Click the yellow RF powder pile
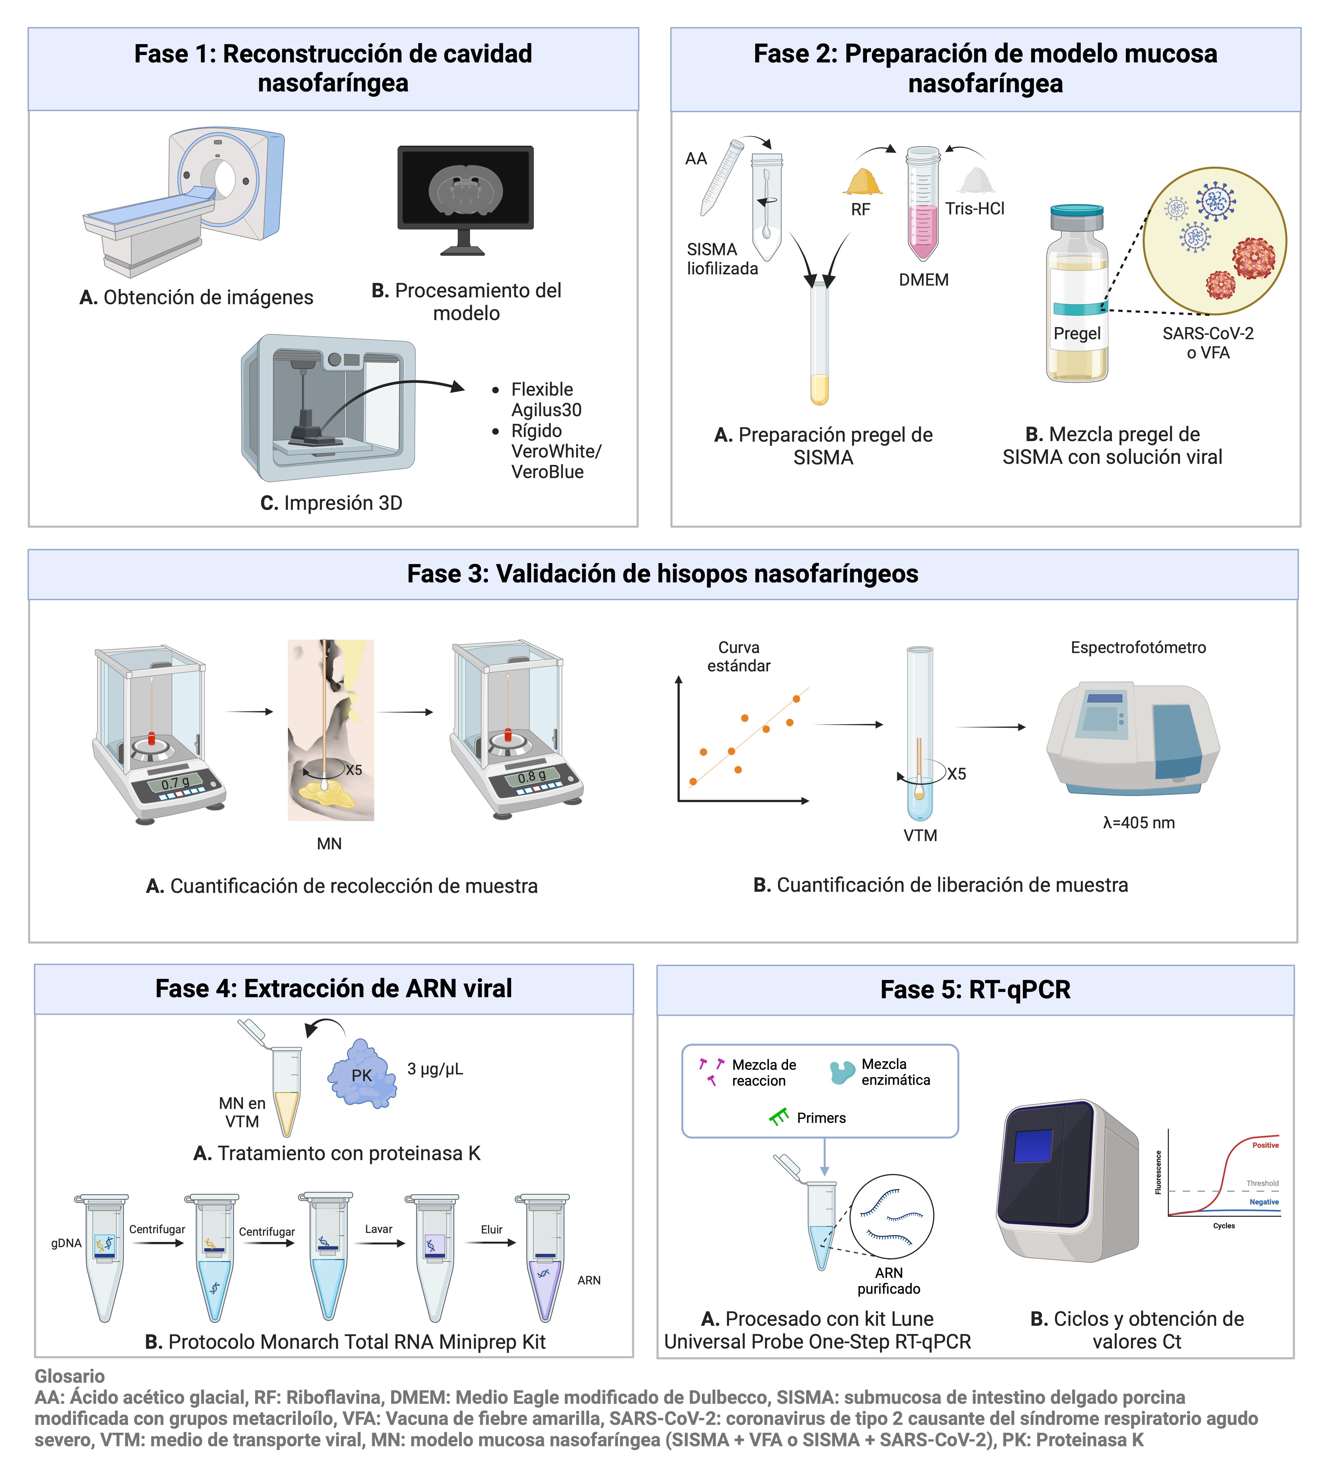(x=863, y=182)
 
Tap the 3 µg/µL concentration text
(x=435, y=1069)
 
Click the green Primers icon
(x=779, y=1117)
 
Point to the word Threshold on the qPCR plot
(x=1262, y=1183)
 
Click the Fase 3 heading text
(x=662, y=574)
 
